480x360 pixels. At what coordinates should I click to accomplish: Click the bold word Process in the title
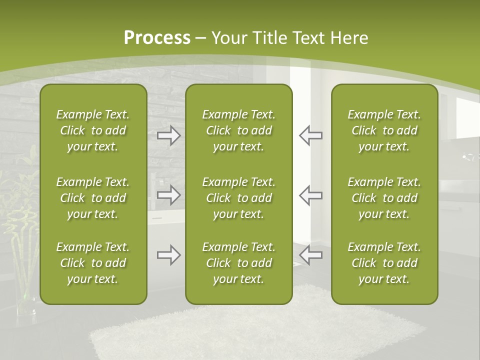click(x=157, y=37)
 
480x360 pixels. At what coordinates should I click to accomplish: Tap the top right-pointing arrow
click(x=168, y=135)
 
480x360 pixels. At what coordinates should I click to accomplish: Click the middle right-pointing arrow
click(x=168, y=195)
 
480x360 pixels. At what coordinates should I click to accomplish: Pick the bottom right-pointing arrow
click(x=168, y=255)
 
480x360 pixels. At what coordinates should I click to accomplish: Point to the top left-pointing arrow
click(x=310, y=135)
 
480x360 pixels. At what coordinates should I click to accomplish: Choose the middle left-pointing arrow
click(x=310, y=195)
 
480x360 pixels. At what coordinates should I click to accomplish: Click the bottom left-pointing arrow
click(x=310, y=255)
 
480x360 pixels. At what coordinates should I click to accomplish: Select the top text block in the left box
click(x=93, y=130)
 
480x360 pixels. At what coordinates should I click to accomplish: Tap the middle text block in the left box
click(x=93, y=198)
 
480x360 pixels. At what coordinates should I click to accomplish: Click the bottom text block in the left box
click(x=93, y=263)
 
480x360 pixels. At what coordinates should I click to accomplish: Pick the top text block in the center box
click(x=238, y=130)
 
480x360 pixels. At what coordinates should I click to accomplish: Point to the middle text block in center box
click(x=238, y=198)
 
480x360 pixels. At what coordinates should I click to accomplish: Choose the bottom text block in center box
click(x=238, y=263)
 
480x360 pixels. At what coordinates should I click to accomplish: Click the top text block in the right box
click(x=384, y=130)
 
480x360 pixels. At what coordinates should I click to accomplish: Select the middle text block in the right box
click(x=384, y=198)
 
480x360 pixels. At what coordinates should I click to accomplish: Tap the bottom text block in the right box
click(x=384, y=263)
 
